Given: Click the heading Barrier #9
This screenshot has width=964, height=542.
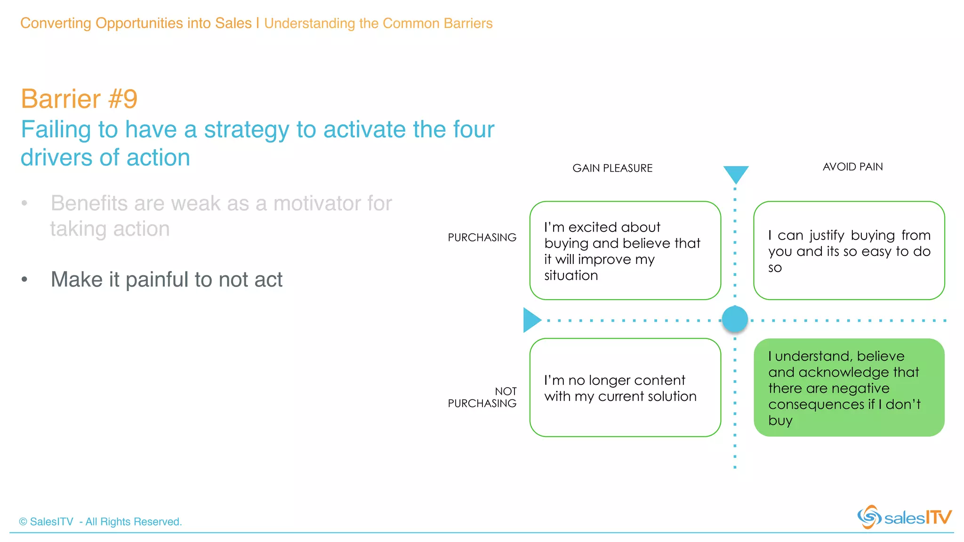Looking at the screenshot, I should coord(79,99).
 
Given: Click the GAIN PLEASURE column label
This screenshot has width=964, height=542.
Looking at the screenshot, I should coord(612,168).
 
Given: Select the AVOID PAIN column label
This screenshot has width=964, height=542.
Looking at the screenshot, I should coord(852,167).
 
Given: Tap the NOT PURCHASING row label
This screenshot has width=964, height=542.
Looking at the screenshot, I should coord(482,397).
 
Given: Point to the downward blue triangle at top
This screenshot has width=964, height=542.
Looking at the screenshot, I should coord(736,174).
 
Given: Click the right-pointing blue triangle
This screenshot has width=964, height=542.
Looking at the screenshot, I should coord(531,320).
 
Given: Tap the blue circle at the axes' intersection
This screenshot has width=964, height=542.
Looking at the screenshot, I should coord(735,319).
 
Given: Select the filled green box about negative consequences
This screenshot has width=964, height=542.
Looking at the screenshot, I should coord(849,387).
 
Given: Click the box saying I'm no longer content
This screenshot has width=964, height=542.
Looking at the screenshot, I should coord(625,387).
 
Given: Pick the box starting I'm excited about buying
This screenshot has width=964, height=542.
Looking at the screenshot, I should coord(625,250).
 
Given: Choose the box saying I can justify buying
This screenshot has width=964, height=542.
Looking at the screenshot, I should coord(849,250).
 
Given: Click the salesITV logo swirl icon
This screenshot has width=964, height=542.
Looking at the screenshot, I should coord(869,517).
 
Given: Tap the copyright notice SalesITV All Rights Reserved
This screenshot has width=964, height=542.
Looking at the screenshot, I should coord(100,521).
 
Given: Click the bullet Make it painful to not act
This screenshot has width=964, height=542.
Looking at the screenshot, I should coord(167,279).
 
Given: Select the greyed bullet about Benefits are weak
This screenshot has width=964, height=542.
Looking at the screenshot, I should coord(221,215).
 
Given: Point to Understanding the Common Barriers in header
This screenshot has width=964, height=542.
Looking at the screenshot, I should coord(378,23).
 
